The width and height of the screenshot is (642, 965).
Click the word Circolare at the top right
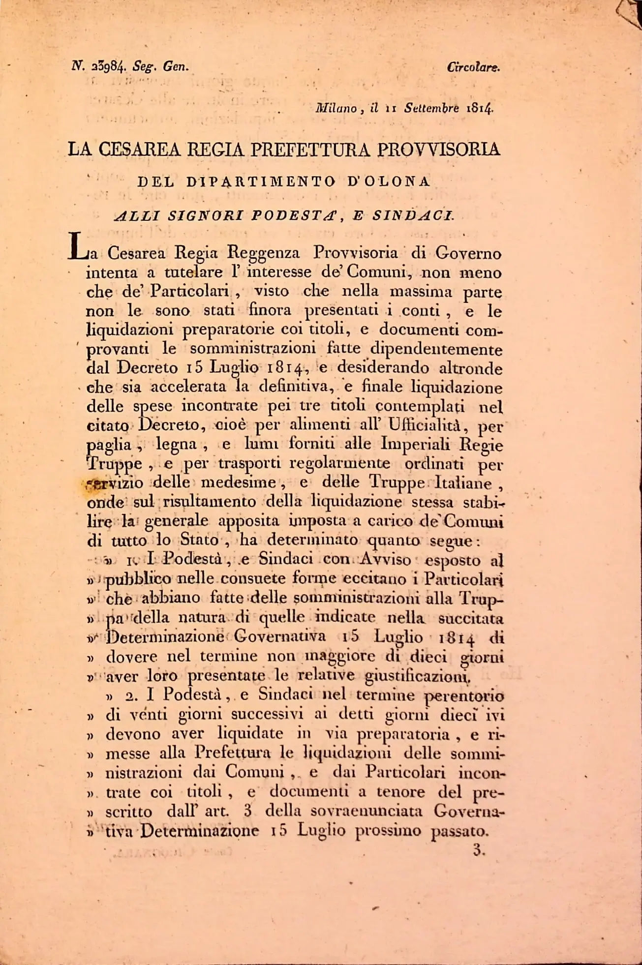coord(473,67)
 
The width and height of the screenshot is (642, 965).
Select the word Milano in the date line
coord(336,108)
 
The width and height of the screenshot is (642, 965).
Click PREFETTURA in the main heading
coord(310,149)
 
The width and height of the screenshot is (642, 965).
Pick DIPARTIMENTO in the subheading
coord(261,181)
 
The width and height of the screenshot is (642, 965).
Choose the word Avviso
coord(385,560)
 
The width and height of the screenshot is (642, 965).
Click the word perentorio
coord(464,696)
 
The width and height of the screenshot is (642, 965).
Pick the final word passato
coord(459,831)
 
